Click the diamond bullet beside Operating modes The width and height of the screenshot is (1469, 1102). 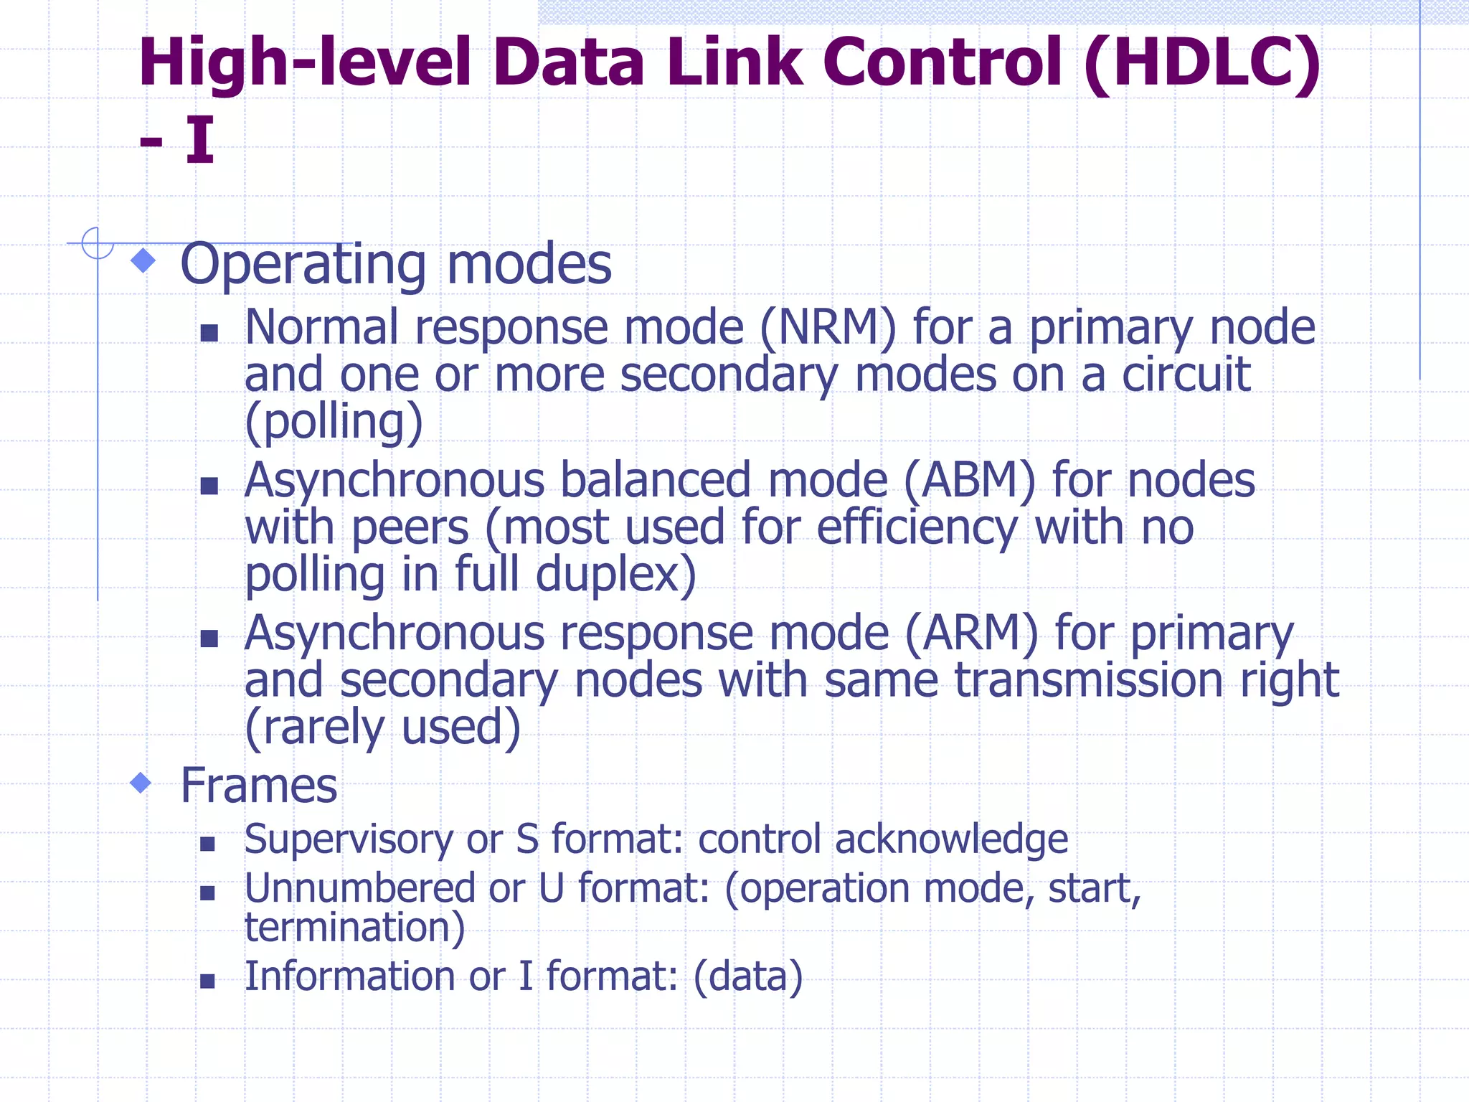coord(144,260)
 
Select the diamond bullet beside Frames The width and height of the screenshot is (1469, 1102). coord(141,783)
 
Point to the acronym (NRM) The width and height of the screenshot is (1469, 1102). coord(828,328)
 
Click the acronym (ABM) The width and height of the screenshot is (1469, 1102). coord(969,481)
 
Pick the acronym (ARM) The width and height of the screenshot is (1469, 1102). coord(971,634)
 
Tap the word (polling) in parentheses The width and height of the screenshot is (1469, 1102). coord(334,422)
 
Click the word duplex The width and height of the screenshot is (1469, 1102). coord(615,575)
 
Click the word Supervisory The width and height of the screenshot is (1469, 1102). coord(349,839)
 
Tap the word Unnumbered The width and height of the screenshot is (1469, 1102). coord(359,888)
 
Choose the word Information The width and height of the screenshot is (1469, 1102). coord(350,976)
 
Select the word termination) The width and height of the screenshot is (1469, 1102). coord(355,927)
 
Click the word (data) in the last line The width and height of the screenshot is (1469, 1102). coord(747,976)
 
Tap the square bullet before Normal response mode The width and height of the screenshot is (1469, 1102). coord(209,332)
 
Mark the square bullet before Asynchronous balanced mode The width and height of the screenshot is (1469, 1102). coord(209,486)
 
